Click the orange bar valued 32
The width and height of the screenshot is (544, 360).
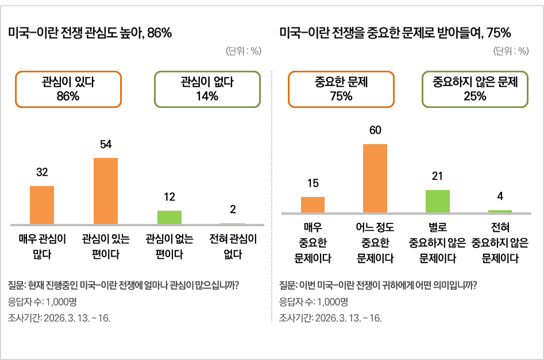[x=42, y=205]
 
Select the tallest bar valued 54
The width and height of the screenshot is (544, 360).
[x=106, y=191]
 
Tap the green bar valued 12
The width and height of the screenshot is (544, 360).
[x=169, y=217]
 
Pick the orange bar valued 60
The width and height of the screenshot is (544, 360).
[x=375, y=179]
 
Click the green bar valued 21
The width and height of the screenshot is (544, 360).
[x=438, y=201]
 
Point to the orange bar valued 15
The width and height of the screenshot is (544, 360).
[x=312, y=205]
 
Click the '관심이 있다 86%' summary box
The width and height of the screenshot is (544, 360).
[x=68, y=89]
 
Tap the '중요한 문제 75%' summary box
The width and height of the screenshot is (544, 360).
[x=341, y=89]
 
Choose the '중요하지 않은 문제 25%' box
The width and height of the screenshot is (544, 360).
[x=475, y=89]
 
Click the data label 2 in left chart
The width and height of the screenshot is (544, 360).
[x=233, y=210]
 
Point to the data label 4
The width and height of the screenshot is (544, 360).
[x=500, y=196]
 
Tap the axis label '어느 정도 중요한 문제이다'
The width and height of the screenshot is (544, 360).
[x=375, y=243]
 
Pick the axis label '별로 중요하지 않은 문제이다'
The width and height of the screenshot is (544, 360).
[x=438, y=243]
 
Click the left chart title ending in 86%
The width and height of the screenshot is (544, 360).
[x=90, y=33]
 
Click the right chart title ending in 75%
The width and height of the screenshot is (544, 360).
[x=395, y=33]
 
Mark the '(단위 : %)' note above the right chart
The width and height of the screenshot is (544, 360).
[x=511, y=51]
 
